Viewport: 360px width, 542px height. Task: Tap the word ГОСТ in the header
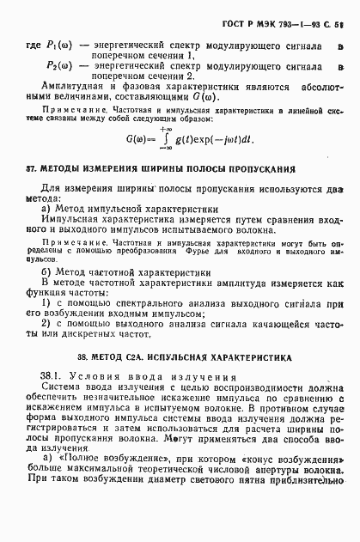pyautogui.click(x=247, y=11)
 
